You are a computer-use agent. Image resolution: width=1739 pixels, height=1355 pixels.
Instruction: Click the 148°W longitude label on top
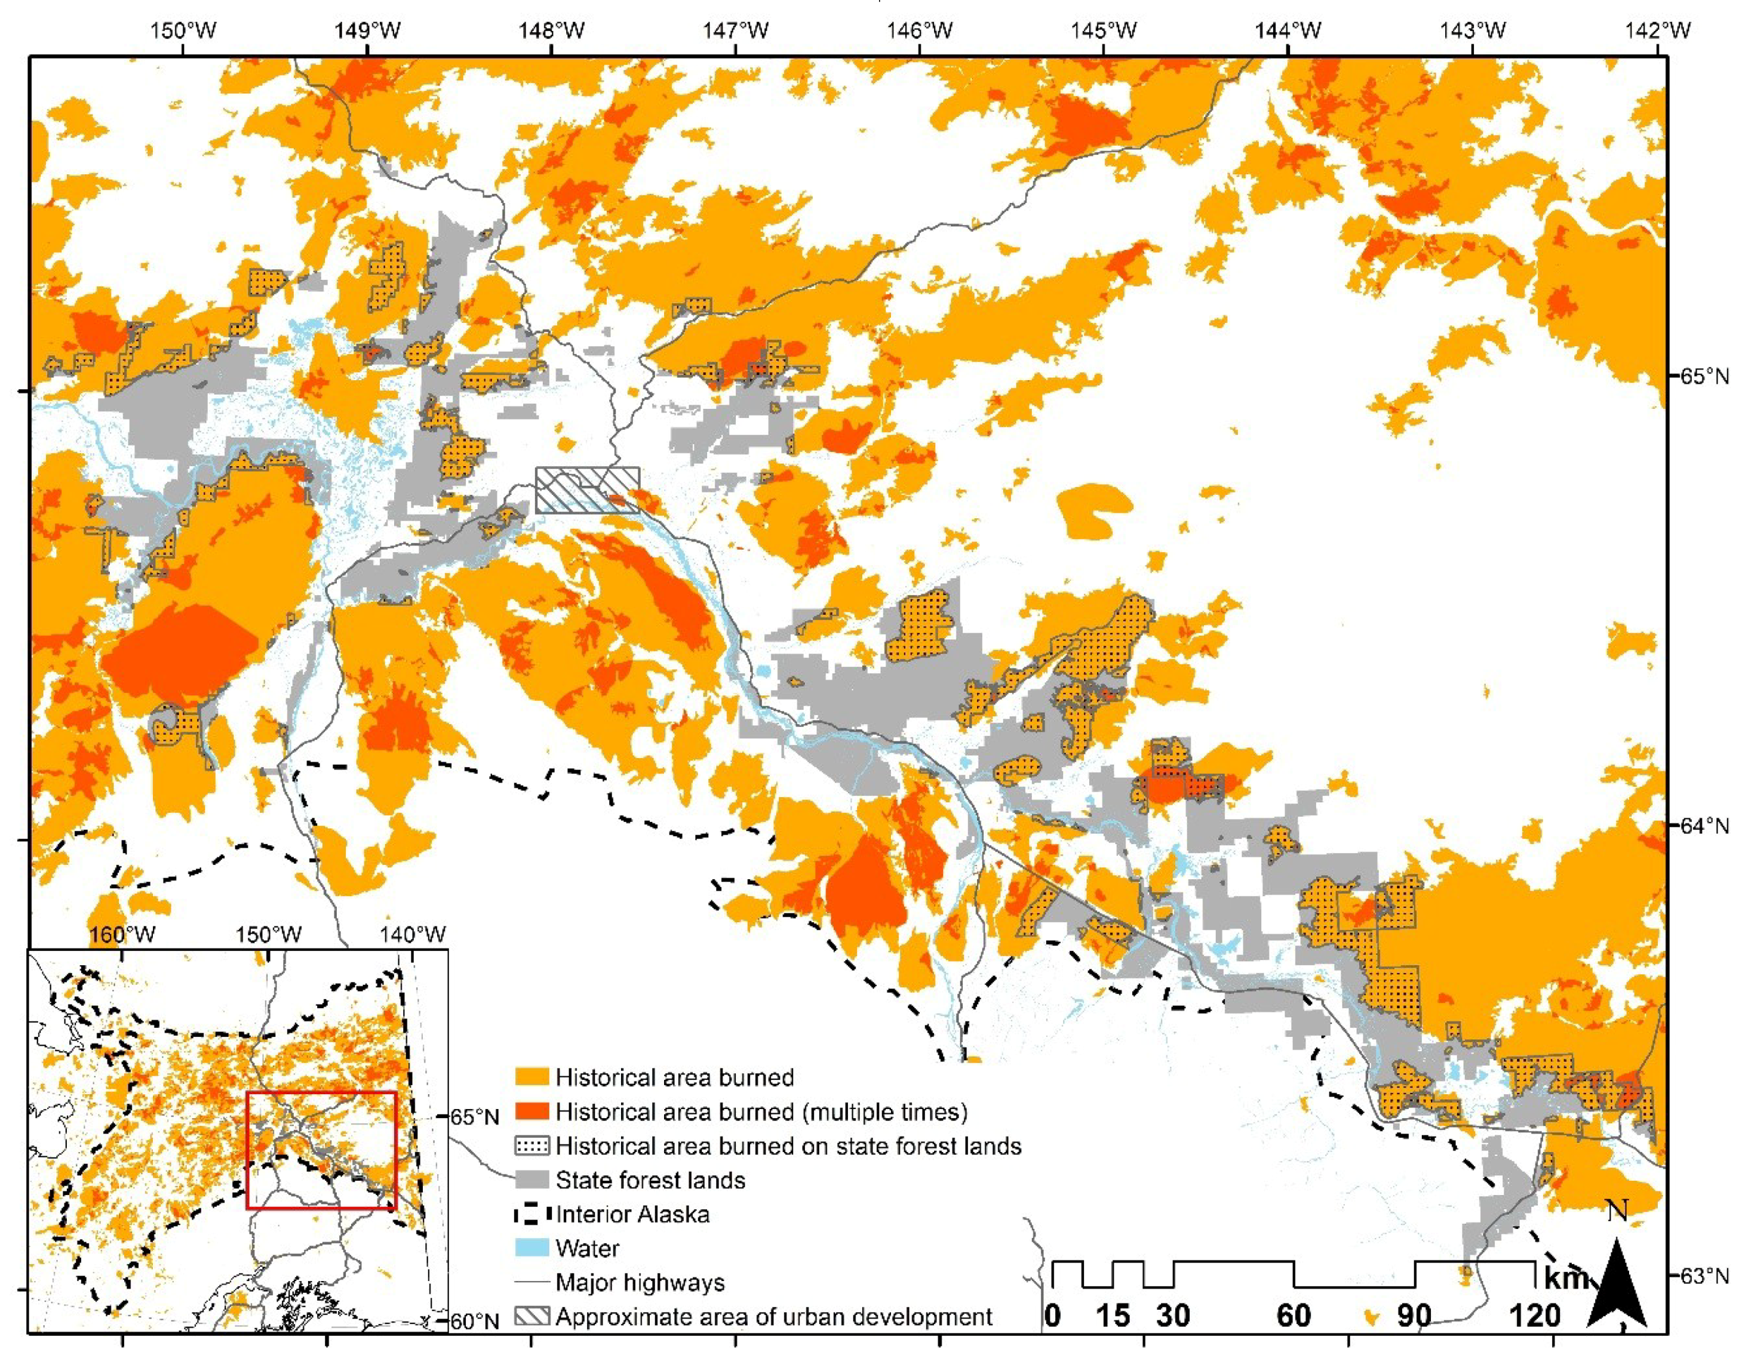[551, 31]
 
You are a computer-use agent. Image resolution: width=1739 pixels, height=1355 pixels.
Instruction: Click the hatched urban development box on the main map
[587, 489]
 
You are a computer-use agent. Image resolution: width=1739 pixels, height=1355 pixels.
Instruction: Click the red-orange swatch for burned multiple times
[532, 1111]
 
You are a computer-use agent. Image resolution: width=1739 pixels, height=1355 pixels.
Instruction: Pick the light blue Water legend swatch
[532, 1248]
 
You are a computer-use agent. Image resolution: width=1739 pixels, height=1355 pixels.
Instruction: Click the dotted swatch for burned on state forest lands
[532, 1145]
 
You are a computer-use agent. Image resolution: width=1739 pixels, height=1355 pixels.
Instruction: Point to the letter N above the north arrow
[1617, 1211]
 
